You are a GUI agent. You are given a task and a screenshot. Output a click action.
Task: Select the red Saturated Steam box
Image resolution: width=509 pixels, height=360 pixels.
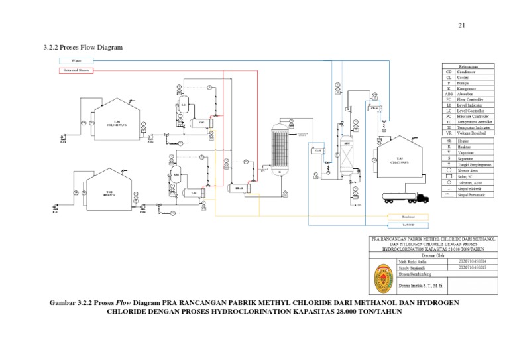click(76, 69)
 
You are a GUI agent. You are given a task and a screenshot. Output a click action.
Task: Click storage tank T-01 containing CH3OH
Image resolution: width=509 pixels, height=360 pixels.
click(117, 119)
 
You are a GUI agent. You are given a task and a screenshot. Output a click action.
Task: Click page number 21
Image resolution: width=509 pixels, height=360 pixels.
click(462, 26)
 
